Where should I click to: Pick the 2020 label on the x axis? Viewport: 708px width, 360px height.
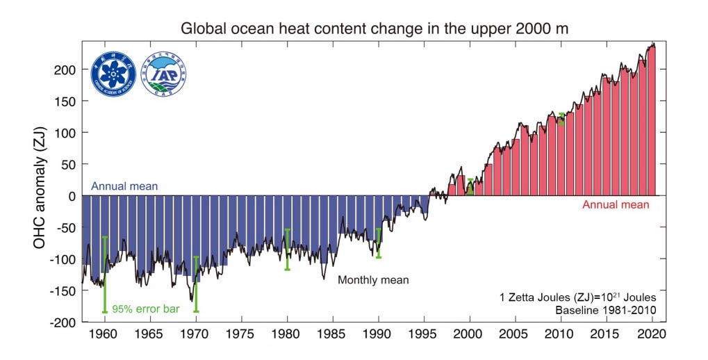tap(652, 334)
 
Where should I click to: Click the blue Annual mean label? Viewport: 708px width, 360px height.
tap(124, 186)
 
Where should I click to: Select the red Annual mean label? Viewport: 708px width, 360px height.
tap(616, 205)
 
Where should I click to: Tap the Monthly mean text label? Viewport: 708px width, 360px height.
tap(373, 280)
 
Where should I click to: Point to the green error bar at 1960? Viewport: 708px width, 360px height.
tap(105, 275)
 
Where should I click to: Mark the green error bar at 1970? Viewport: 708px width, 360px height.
tap(196, 284)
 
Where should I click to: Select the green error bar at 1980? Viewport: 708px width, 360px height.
tap(287, 249)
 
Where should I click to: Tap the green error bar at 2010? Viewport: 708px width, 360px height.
tap(561, 119)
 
